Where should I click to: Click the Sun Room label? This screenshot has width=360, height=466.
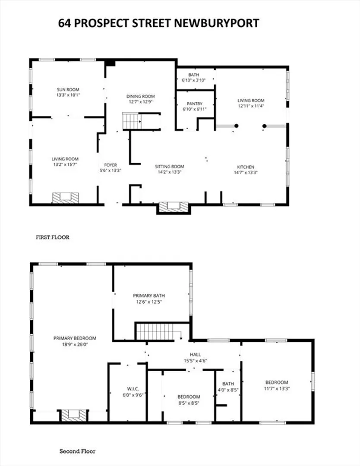68,89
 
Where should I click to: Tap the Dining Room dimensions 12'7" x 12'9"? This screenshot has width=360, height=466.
140,102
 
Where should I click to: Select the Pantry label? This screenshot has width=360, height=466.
194,104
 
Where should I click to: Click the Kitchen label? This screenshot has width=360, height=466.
246,167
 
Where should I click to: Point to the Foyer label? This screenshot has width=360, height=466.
111,165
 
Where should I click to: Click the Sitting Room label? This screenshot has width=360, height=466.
170,167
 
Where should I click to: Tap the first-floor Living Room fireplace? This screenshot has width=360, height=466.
66,198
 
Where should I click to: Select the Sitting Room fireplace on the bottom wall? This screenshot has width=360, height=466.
174,207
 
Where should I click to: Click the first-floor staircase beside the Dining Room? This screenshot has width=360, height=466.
132,121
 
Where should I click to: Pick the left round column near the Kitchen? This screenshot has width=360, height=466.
237,126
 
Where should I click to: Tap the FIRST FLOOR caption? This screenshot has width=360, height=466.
53,237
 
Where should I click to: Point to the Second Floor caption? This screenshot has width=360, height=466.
77,451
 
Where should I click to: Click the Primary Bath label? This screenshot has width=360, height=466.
148,296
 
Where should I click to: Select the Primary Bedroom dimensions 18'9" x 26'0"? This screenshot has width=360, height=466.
75,344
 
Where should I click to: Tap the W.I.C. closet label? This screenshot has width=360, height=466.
133,389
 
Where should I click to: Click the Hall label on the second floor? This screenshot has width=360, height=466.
195,355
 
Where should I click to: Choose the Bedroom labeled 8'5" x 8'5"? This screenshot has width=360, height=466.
189,397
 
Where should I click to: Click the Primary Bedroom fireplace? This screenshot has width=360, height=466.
74,416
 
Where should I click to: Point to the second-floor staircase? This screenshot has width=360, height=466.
155,331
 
